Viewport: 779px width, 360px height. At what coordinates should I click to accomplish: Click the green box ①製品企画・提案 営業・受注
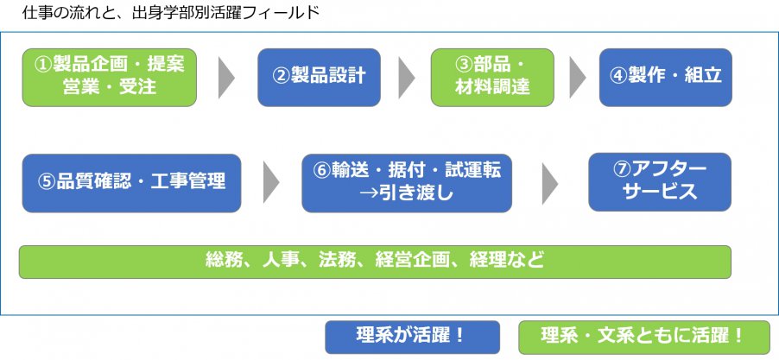click(110, 76)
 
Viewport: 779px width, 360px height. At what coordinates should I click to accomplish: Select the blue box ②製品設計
click(319, 76)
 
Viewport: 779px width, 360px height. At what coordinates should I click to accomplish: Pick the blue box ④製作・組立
click(665, 76)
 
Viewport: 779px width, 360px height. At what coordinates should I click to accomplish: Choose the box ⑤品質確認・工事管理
click(131, 181)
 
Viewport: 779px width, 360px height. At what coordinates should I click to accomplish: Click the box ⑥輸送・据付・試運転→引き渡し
click(406, 181)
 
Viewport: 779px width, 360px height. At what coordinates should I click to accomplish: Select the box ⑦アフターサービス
click(660, 181)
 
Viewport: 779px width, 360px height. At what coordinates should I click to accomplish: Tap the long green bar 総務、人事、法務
click(375, 261)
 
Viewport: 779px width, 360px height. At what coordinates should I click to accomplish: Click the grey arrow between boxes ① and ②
click(226, 78)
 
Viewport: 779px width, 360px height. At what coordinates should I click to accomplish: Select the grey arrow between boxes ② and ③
click(405, 78)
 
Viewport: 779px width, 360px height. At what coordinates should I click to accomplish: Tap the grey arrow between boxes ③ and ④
click(578, 78)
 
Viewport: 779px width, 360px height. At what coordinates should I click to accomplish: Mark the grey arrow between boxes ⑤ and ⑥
click(271, 181)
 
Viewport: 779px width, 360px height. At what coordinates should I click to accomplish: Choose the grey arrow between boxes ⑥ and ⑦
click(550, 181)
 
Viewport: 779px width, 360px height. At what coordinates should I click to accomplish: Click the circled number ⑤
click(47, 182)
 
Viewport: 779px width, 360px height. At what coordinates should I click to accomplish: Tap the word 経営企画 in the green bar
click(429, 261)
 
